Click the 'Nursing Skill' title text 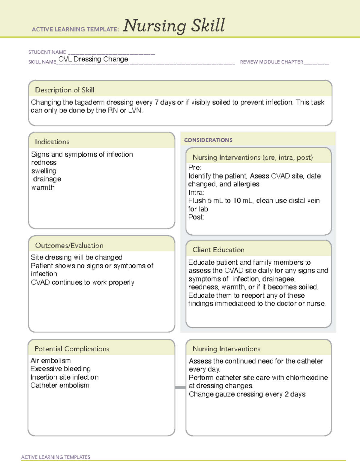pos(174,26)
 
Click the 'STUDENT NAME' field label pos(47,52)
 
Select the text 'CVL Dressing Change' pos(93,59)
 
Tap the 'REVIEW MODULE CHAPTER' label pos(271,62)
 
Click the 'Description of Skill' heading pos(64,90)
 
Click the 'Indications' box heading pos(52,142)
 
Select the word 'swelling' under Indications pos(44,171)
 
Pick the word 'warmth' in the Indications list pos(43,188)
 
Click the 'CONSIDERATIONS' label pos(208,140)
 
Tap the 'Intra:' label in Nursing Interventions pos(196,192)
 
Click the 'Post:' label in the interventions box pos(196,217)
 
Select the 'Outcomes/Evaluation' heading pos(69,245)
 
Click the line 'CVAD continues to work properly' pos(82,282)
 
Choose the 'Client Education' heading pos(218,250)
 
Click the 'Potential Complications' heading pos(72,349)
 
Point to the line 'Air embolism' pos(51,361)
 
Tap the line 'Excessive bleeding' pos(60,369)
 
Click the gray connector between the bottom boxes pos(180,387)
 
